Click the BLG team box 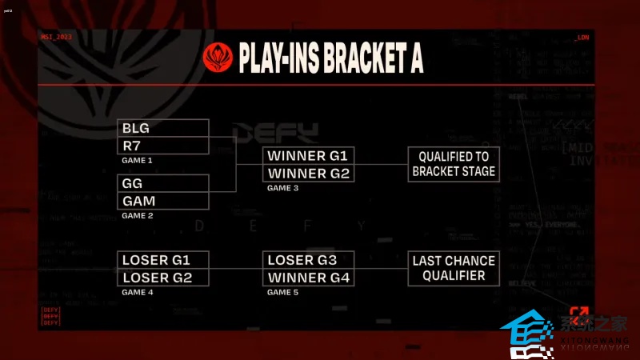[163, 128]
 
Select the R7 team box [163, 146]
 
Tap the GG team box [163, 183]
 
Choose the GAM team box [163, 200]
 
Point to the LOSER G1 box [165, 260]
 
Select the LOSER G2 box [165, 278]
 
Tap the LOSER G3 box [309, 260]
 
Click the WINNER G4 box [309, 278]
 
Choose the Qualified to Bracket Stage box [454, 164]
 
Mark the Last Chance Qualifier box [454, 268]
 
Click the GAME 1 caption [137, 160]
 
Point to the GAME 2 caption [137, 215]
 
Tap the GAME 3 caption [282, 188]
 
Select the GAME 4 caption [137, 293]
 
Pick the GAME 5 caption [282, 293]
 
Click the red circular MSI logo [218, 58]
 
